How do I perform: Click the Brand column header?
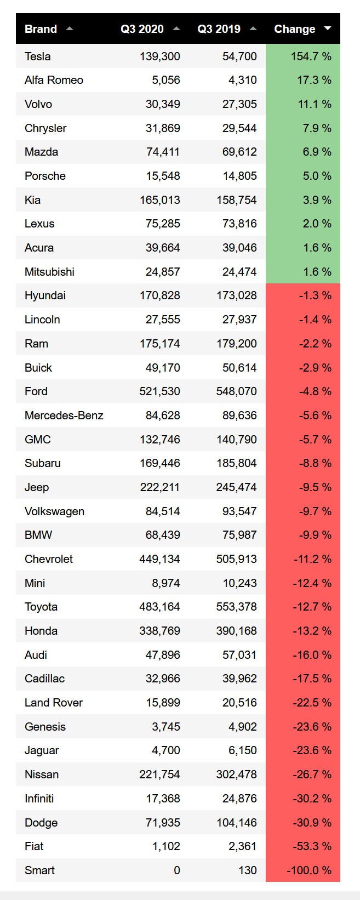(x=41, y=29)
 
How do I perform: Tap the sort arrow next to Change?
(x=328, y=29)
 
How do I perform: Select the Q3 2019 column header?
(x=219, y=29)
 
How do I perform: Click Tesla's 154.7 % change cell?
(x=311, y=56)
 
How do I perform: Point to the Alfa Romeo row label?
(x=54, y=80)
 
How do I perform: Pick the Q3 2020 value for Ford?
(x=159, y=391)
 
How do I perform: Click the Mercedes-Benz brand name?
(x=64, y=415)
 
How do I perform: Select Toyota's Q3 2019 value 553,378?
(x=236, y=607)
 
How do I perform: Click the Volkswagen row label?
(x=54, y=511)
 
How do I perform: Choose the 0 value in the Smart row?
(x=176, y=870)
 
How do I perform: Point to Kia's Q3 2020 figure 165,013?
(x=159, y=200)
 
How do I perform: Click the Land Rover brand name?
(x=54, y=703)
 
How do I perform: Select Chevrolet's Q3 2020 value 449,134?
(x=159, y=559)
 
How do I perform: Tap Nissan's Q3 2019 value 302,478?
(x=236, y=774)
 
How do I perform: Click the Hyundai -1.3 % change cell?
(x=315, y=295)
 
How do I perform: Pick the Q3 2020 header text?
(x=142, y=29)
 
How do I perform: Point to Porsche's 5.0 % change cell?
(x=317, y=176)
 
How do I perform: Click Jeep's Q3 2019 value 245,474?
(x=236, y=487)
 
